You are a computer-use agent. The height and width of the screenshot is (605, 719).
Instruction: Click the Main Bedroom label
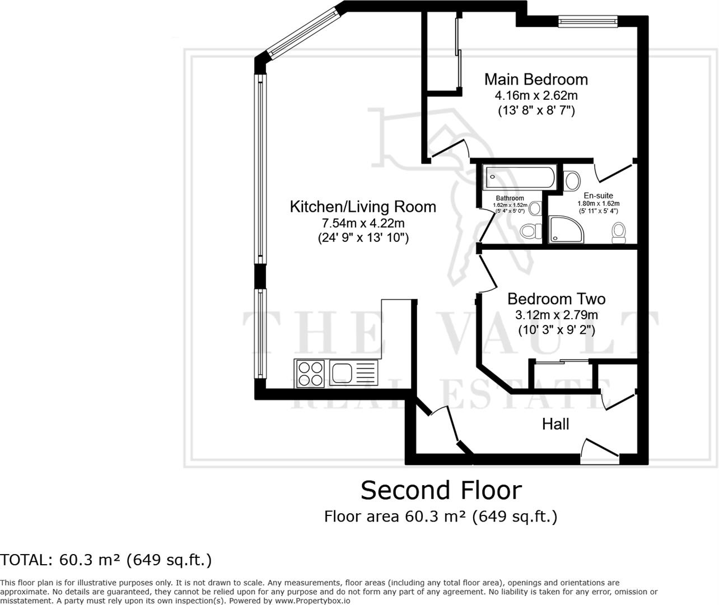[x=536, y=80]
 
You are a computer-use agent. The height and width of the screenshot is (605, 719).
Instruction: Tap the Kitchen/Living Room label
[x=363, y=207]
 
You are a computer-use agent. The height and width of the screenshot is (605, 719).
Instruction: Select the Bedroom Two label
[x=557, y=299]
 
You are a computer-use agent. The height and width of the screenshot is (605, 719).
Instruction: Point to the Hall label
[x=555, y=424]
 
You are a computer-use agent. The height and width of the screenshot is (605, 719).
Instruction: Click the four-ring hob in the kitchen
[x=310, y=374]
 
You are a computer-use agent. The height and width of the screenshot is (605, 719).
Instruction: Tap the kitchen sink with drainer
[x=354, y=373]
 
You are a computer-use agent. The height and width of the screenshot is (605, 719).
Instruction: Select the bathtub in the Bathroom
[x=520, y=177]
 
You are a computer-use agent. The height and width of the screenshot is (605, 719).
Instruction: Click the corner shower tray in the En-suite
[x=566, y=229]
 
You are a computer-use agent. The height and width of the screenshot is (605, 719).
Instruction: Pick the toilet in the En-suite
[x=618, y=232]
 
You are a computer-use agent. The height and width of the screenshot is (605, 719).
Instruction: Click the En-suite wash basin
[x=572, y=180]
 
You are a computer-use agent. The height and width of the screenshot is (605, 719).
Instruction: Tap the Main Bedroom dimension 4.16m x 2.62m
[x=536, y=95]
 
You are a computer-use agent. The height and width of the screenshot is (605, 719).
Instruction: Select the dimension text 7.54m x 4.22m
[x=363, y=224]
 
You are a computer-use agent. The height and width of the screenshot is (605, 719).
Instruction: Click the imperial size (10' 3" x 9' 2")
[x=557, y=330]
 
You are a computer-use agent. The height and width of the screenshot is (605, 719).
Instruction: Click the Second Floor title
[x=441, y=490]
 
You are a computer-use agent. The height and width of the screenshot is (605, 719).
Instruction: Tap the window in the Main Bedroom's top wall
[x=588, y=22]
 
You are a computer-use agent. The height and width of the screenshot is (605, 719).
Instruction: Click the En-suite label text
[x=599, y=196]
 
